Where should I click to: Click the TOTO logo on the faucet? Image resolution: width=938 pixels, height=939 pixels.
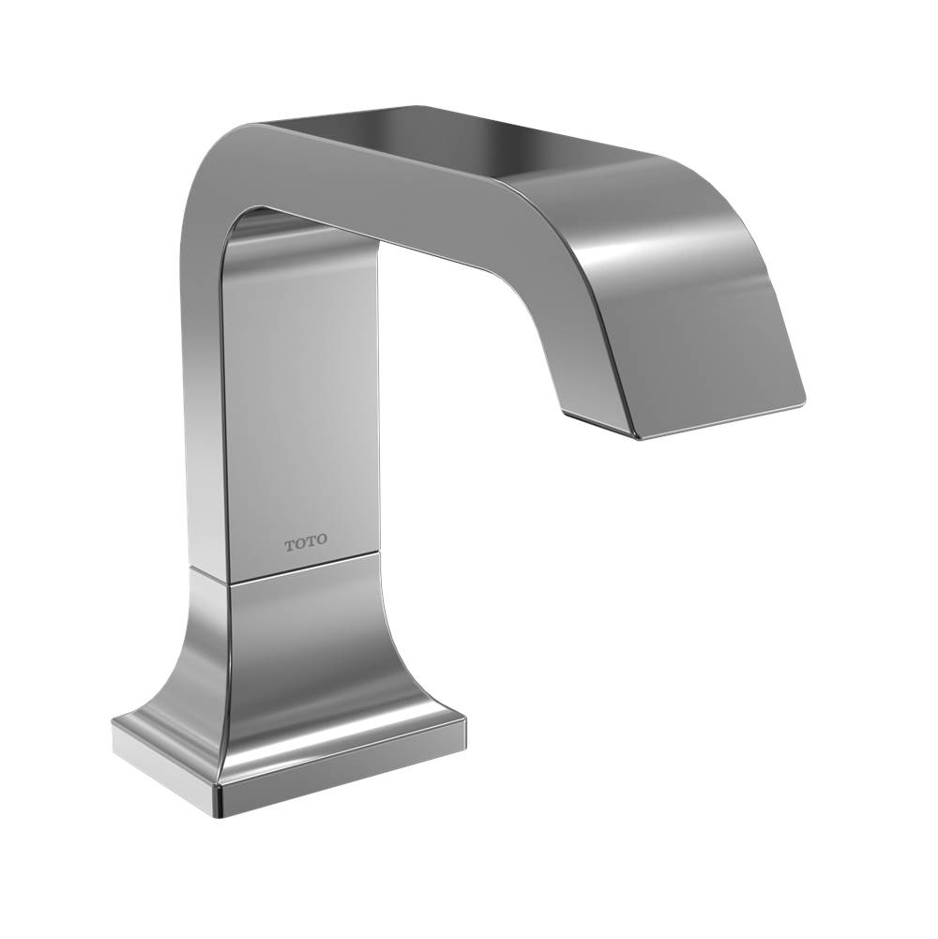click(307, 542)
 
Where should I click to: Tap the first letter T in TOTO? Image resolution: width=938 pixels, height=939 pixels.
click(289, 542)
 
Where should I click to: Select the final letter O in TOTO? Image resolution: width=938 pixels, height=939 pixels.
click(323, 542)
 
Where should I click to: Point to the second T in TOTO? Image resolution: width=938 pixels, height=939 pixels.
click(311, 542)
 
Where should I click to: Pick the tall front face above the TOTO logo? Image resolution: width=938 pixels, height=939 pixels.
click(300, 375)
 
